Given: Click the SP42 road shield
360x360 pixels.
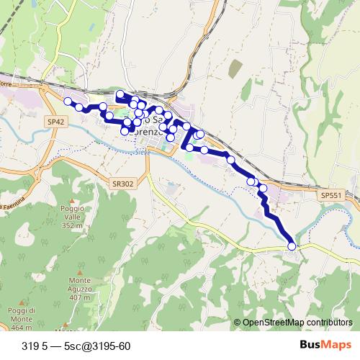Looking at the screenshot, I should click(x=55, y=123).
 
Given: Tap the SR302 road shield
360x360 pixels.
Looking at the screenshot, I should click(x=123, y=184).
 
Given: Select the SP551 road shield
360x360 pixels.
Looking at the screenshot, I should click(x=331, y=195).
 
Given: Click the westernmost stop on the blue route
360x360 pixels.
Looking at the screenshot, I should click(x=68, y=102).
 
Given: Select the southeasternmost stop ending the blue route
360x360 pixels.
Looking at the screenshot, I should click(x=292, y=246).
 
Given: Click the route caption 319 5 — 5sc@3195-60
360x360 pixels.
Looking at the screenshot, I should click(x=76, y=346).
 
